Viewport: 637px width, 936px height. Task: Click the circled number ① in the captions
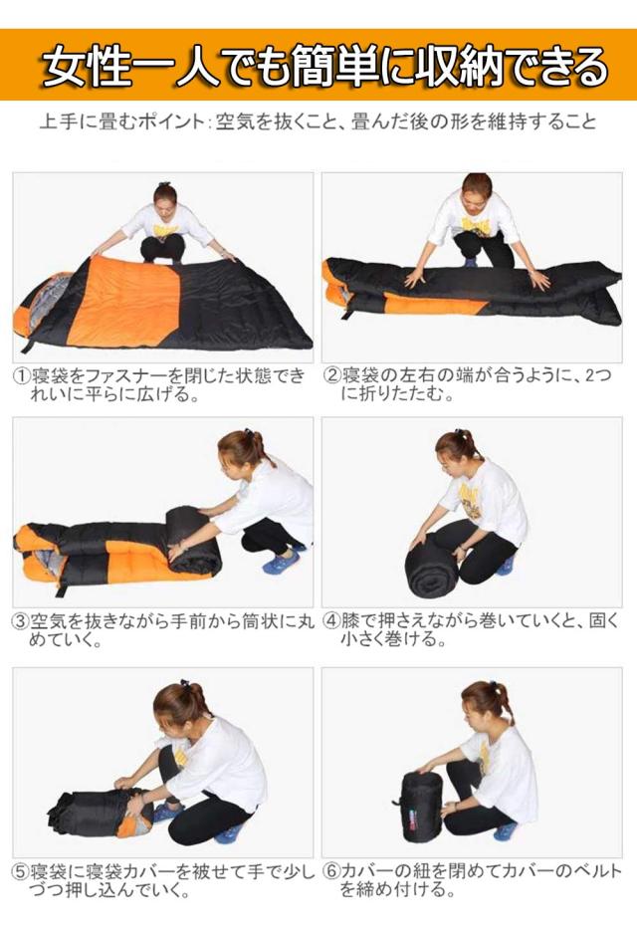pyautogui.click(x=20, y=376)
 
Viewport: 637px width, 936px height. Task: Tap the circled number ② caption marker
pyautogui.click(x=332, y=376)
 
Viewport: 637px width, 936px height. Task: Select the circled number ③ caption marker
pyautogui.click(x=20, y=621)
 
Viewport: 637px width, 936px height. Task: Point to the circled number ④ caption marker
pyautogui.click(x=332, y=621)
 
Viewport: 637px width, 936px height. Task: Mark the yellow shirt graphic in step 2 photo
pyautogui.click(x=476, y=228)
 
